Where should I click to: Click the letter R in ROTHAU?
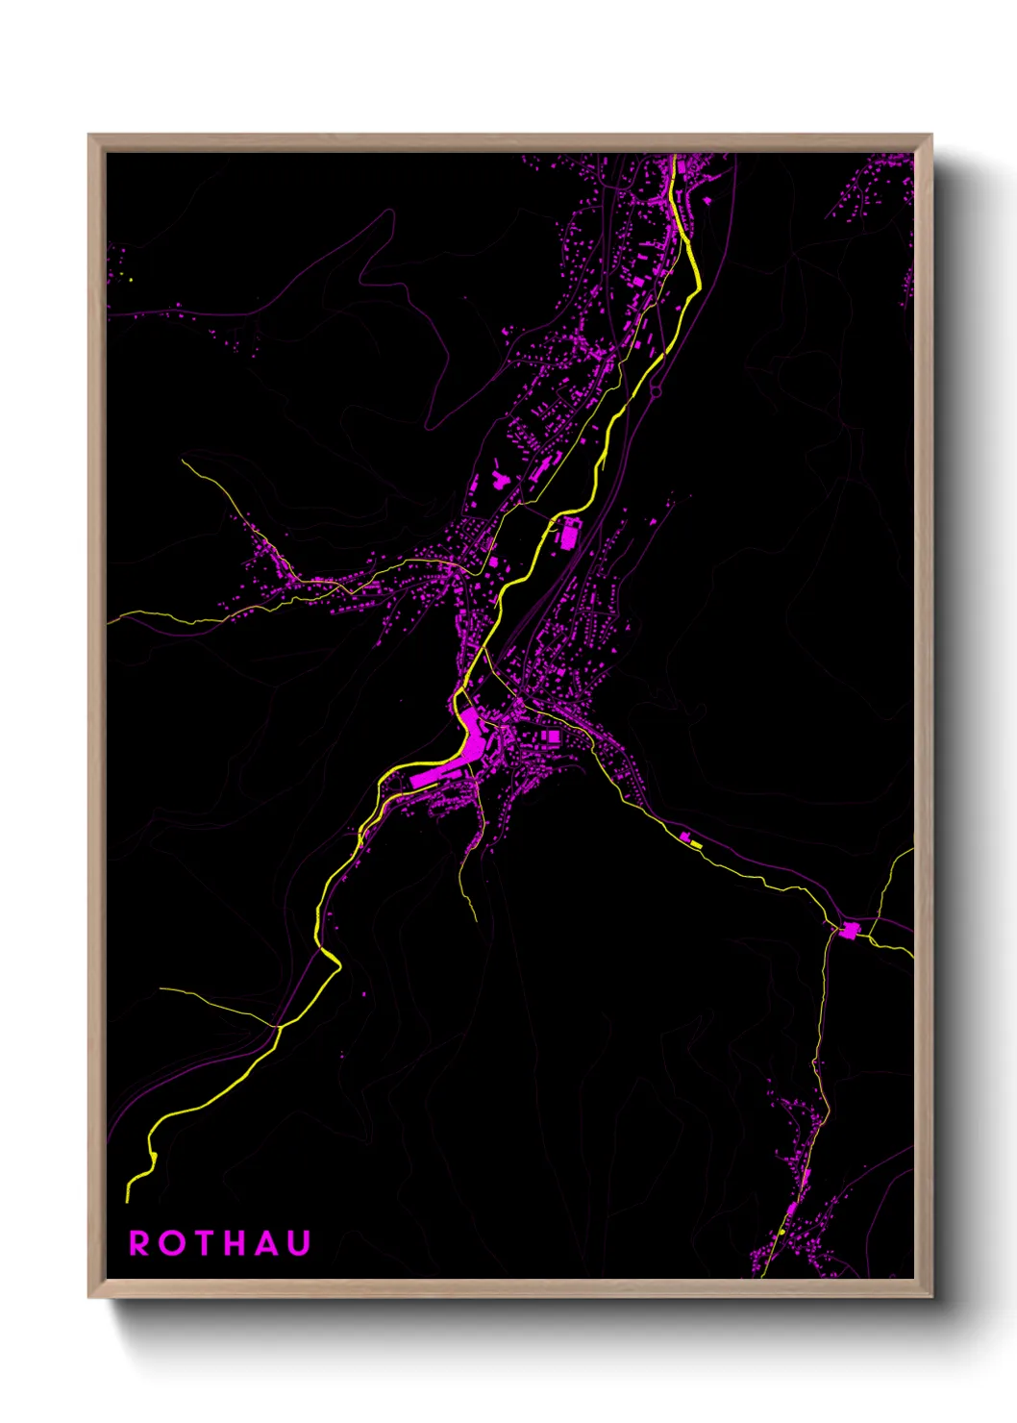click(x=139, y=1243)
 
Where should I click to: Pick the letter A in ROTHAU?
click(x=268, y=1243)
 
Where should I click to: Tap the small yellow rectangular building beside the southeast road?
click(x=696, y=843)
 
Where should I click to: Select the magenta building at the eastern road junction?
click(x=850, y=930)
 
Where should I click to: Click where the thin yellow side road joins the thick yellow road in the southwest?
click(x=280, y=1027)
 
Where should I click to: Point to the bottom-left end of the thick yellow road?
click(x=128, y=1200)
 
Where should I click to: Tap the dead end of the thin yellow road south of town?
click(x=476, y=920)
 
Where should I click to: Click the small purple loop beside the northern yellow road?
click(x=657, y=390)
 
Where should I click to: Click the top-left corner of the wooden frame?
click(x=89, y=136)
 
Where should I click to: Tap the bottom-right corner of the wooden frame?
click(x=931, y=1297)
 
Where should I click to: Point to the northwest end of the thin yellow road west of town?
click(x=184, y=462)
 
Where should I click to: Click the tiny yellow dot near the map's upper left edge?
click(x=131, y=280)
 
